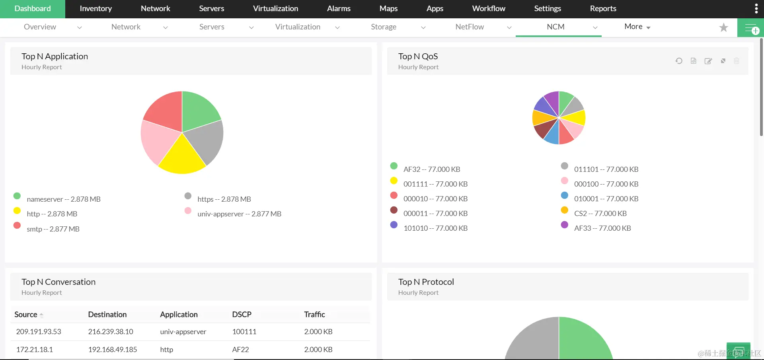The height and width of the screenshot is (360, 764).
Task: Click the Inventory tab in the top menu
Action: click(x=95, y=9)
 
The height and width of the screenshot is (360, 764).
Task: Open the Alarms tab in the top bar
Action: click(x=339, y=9)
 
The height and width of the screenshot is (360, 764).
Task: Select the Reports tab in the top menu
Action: click(x=603, y=9)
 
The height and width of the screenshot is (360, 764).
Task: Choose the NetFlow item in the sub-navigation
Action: click(x=470, y=27)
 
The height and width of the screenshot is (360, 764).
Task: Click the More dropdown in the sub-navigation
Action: click(x=637, y=27)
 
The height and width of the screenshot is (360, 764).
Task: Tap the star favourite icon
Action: click(x=723, y=27)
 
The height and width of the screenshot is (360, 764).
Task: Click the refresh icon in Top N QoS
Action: click(x=679, y=61)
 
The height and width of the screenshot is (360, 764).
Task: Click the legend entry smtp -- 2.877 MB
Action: click(x=53, y=229)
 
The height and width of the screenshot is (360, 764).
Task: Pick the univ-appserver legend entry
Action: click(x=239, y=214)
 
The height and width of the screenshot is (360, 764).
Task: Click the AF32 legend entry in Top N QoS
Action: click(x=431, y=169)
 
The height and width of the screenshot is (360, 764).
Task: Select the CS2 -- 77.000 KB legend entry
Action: click(x=600, y=214)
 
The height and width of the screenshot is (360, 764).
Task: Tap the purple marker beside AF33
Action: click(x=564, y=225)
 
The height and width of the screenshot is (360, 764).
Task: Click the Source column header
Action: click(x=26, y=315)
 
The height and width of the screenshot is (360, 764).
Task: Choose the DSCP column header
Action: click(x=242, y=315)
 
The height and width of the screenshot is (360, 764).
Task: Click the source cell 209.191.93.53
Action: click(x=39, y=332)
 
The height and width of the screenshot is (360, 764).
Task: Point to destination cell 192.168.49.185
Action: click(x=113, y=350)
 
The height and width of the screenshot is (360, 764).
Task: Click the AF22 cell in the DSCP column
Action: click(x=240, y=350)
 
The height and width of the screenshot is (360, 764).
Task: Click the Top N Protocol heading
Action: click(x=426, y=282)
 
